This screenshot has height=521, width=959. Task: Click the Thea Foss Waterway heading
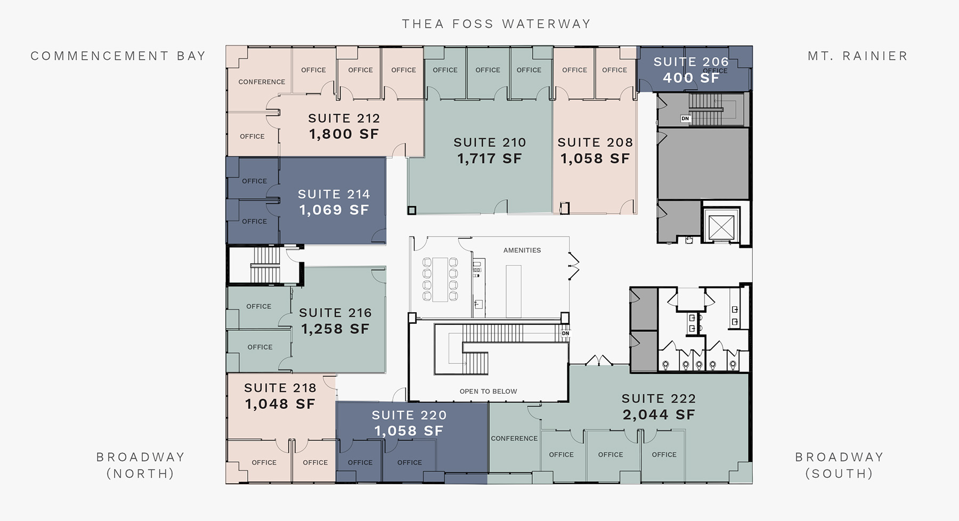496,24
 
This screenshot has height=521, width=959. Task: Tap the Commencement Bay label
118,56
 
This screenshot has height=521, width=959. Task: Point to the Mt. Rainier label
858,56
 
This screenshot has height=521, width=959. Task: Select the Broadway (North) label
141,465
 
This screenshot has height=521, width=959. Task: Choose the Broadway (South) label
840,465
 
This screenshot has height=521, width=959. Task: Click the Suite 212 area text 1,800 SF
344,134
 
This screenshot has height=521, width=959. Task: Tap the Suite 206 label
691,62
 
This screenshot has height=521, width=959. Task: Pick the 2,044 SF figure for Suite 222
659,414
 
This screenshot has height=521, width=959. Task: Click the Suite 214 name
334,194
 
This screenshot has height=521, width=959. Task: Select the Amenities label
522,250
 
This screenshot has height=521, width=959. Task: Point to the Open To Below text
489,392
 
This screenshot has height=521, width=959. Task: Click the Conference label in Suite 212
262,82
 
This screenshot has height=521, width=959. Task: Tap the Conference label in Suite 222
514,438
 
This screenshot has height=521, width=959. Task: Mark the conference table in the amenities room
440,280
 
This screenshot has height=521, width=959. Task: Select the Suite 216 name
335,313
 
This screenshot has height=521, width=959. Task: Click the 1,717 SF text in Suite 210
490,158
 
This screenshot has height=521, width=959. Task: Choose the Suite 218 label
280,388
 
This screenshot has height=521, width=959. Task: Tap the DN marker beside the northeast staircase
685,118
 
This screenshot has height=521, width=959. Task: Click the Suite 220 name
409,415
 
